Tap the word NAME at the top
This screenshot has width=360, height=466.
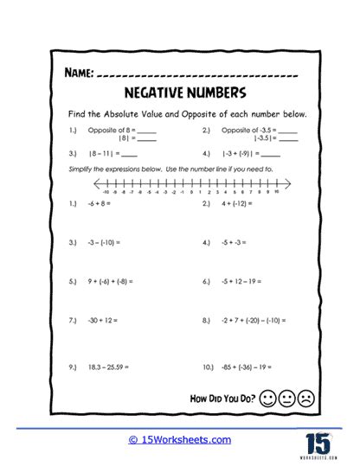point(77,75)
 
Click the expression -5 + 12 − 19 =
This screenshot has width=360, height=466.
point(244,281)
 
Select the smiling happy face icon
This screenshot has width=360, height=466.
point(267,399)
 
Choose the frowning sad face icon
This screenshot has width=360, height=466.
point(305,399)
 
